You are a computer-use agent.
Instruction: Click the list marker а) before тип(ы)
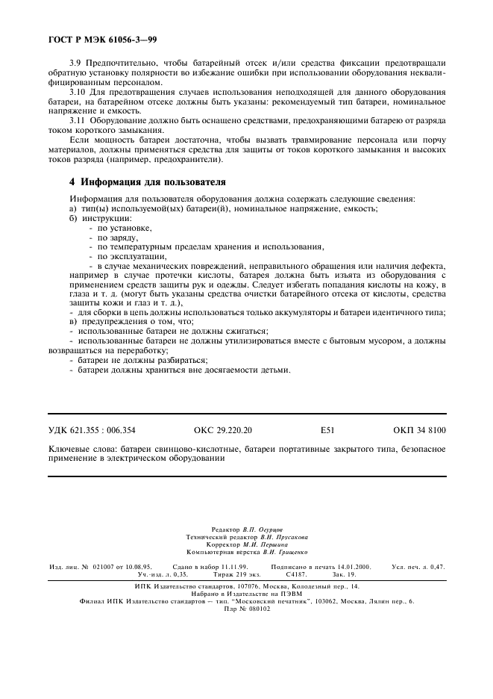72,208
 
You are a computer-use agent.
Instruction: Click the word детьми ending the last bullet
275,370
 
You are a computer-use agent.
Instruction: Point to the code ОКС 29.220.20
223,429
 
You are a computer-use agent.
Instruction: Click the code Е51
328,429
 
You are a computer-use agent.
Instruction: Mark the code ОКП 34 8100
419,429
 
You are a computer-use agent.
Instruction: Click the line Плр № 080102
246,608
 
